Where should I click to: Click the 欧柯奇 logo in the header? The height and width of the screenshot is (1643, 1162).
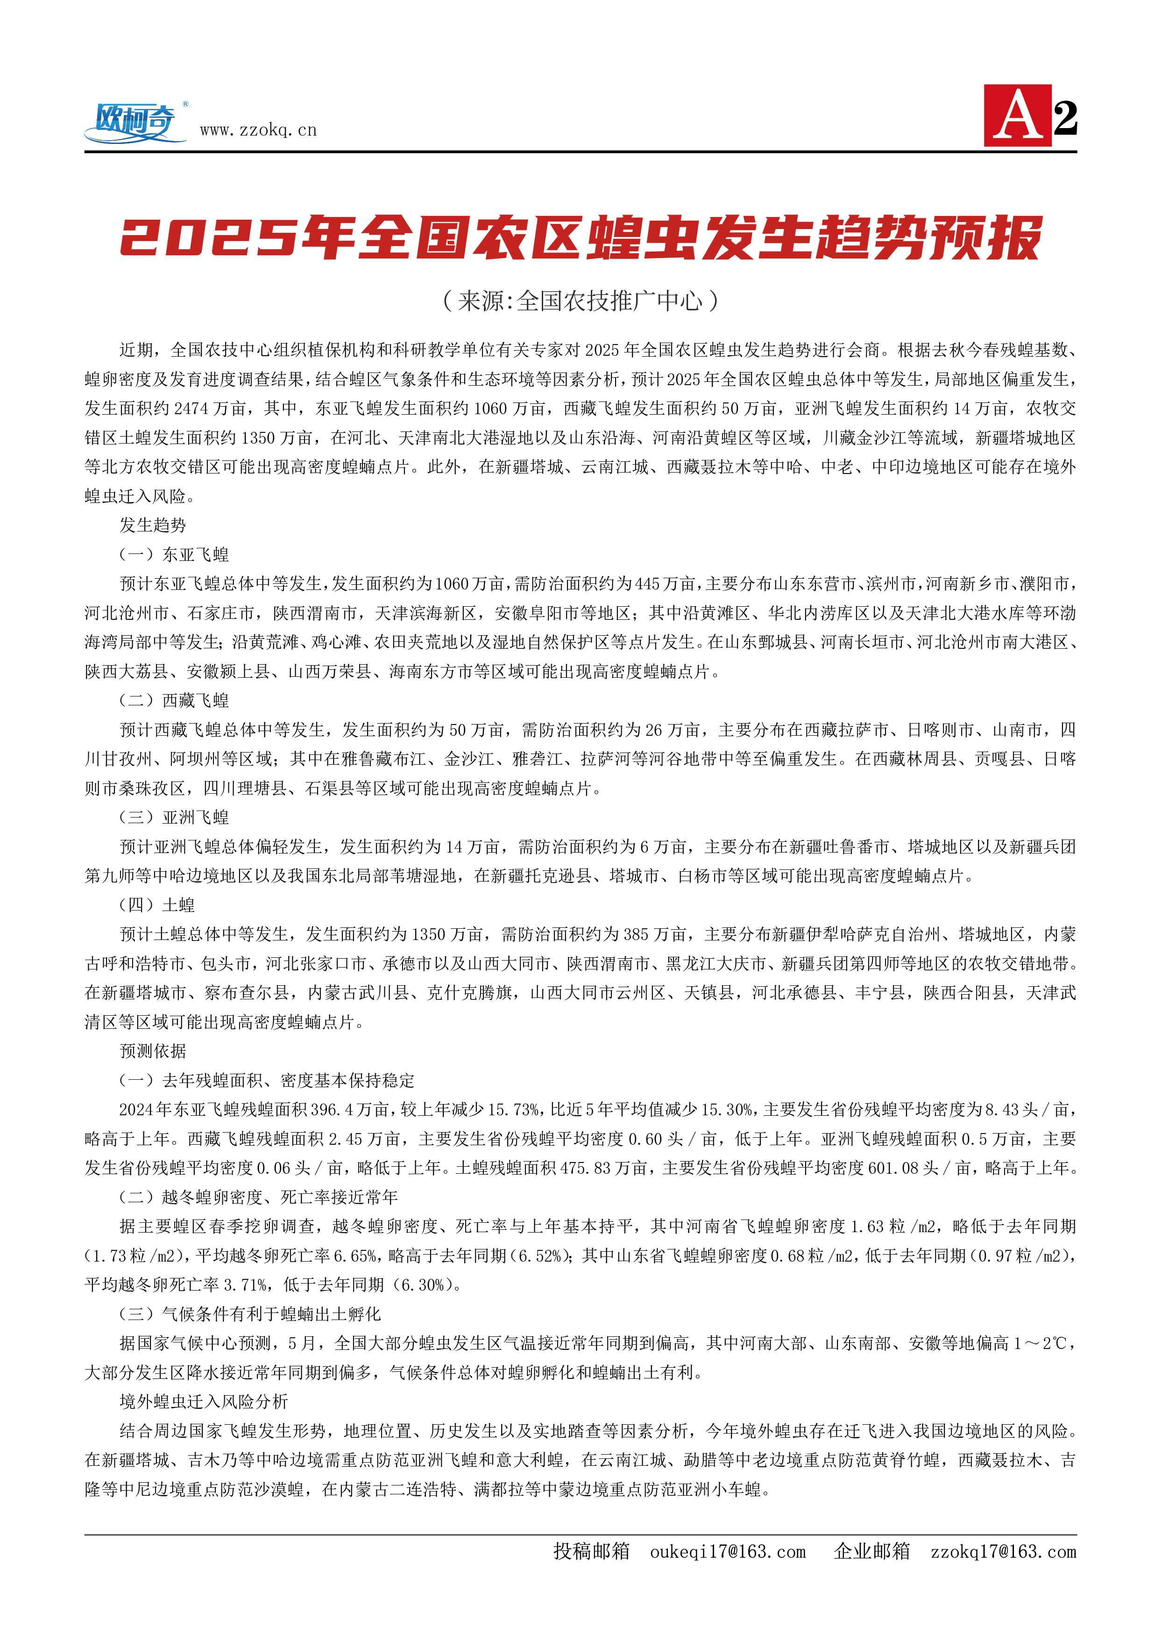pos(135,122)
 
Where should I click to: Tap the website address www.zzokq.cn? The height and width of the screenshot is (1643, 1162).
pos(258,130)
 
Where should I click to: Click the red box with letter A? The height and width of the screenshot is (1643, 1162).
pos(1017,116)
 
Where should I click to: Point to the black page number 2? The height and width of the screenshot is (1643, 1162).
pos(1065,118)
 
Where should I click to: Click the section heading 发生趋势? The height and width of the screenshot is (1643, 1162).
pos(152,525)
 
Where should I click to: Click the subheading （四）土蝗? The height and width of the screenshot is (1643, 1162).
pos(157,905)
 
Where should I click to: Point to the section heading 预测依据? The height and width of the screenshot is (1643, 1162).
pos(152,1051)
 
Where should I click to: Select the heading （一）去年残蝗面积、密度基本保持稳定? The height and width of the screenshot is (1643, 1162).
pos(266,1080)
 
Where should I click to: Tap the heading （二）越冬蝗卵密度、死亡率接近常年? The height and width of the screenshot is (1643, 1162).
pos(258,1197)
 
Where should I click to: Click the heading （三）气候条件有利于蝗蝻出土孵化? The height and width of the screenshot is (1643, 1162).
pos(250,1313)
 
